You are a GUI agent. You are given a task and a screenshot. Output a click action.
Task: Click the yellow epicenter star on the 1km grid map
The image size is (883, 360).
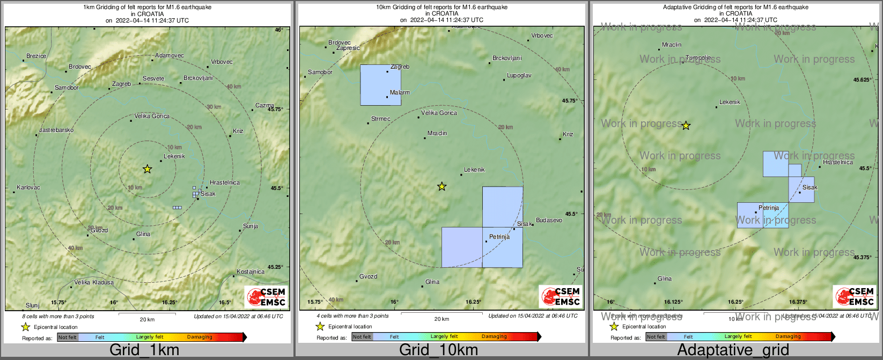click(148, 169)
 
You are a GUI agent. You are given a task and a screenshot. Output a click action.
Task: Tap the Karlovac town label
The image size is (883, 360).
click(28, 187)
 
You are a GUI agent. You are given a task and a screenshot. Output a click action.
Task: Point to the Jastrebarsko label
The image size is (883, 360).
click(56, 130)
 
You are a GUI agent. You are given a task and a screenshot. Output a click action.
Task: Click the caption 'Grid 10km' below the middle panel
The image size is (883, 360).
click(438, 350)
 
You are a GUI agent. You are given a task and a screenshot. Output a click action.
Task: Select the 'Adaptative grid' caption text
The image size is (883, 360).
click(733, 350)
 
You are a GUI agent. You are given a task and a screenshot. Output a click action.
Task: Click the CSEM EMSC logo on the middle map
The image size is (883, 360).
click(561, 296)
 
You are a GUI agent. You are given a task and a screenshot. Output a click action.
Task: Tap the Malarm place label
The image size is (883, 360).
click(400, 93)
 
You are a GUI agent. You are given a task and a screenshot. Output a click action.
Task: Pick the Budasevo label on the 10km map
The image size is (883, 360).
click(549, 220)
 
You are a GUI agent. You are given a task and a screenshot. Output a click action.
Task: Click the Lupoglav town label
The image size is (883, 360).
click(519, 76)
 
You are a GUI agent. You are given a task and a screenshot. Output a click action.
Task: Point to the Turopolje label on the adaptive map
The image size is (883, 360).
click(698, 58)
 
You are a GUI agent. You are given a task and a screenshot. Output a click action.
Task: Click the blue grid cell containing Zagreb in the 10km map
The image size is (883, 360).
click(380, 85)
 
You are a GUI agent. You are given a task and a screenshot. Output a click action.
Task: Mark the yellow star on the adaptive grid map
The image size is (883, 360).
click(686, 126)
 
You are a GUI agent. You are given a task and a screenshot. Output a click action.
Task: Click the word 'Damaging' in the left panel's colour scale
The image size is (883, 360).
click(200, 337)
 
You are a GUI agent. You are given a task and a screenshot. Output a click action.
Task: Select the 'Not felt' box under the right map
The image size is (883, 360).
click(656, 337)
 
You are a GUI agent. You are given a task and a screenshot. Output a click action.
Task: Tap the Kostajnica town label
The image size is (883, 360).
click(251, 271)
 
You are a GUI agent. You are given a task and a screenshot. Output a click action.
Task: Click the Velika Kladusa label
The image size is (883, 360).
click(94, 282)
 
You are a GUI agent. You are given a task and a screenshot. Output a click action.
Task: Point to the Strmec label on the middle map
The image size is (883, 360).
click(380, 119)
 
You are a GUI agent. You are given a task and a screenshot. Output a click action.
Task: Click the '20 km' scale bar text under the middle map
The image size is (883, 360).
click(441, 319)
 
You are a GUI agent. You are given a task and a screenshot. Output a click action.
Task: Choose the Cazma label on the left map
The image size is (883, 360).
click(264, 106)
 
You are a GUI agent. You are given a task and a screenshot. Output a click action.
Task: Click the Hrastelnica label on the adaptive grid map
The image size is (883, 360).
click(837, 162)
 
